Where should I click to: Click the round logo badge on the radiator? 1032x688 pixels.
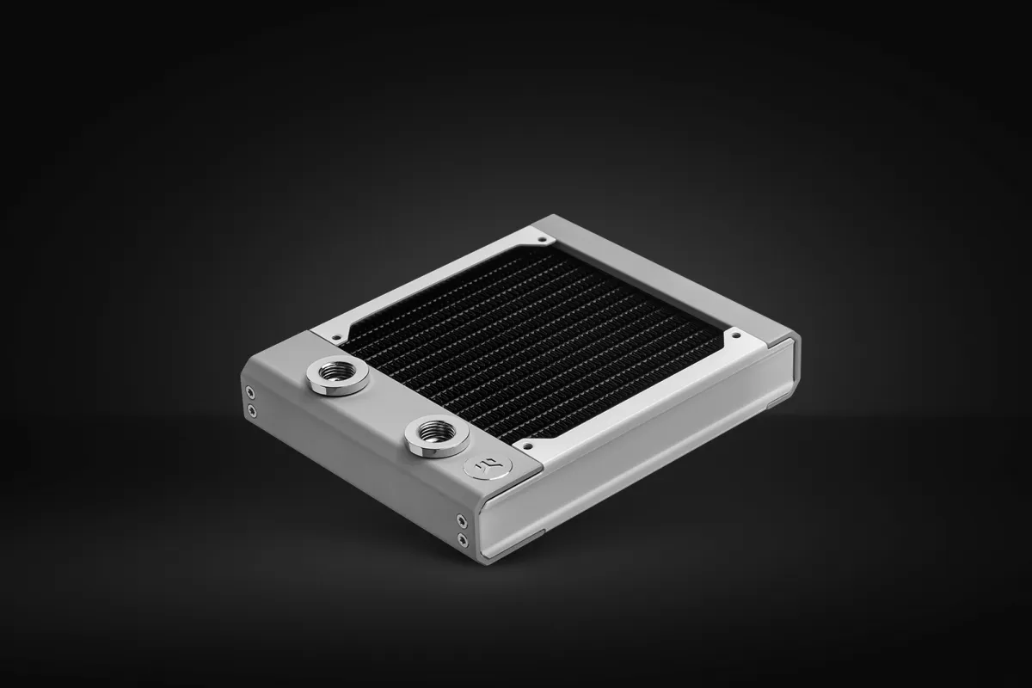click(x=488, y=467)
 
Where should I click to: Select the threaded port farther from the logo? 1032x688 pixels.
click(x=338, y=376)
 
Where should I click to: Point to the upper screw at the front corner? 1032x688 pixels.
click(x=463, y=519)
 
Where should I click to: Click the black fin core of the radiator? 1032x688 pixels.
click(x=533, y=344)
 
